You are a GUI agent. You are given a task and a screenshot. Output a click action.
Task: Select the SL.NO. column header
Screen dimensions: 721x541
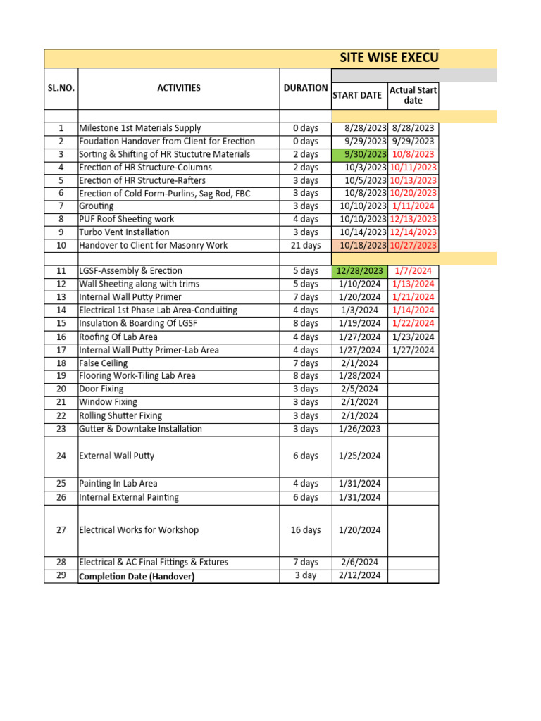point(61,88)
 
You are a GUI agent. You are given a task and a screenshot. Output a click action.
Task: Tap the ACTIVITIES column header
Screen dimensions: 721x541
point(178,88)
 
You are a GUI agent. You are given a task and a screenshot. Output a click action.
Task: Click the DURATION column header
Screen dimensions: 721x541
point(305,88)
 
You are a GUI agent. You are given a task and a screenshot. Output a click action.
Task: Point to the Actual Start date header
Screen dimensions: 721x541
point(413,95)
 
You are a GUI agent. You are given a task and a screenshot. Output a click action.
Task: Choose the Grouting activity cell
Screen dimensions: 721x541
point(97,206)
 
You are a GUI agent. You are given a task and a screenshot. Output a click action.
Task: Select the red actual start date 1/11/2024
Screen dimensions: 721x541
point(413,206)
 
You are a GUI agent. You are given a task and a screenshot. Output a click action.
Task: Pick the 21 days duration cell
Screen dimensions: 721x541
point(305,246)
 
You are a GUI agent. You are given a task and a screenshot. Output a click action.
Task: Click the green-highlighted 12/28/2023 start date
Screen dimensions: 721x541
point(359,271)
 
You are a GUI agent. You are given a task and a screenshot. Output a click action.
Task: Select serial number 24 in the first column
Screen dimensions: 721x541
point(61,456)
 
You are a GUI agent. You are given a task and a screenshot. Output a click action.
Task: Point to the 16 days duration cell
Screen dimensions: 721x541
point(305,530)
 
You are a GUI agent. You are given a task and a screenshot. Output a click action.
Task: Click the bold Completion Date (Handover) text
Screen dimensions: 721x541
point(137,577)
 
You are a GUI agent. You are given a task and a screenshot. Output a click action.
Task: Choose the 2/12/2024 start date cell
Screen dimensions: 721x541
point(359,575)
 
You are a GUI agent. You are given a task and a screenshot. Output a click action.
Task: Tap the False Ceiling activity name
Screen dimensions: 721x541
point(104,363)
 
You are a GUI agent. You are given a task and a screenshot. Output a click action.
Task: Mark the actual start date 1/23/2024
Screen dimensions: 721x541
point(413,337)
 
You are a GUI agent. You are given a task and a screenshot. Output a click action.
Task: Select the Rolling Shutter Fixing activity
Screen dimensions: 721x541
point(120,415)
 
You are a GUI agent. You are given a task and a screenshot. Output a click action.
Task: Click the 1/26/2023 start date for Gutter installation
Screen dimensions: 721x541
point(359,429)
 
